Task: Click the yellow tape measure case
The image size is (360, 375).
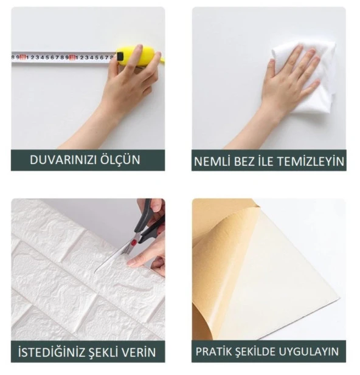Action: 130,56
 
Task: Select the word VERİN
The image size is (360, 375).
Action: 142,352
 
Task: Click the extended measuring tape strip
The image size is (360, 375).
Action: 61,58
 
